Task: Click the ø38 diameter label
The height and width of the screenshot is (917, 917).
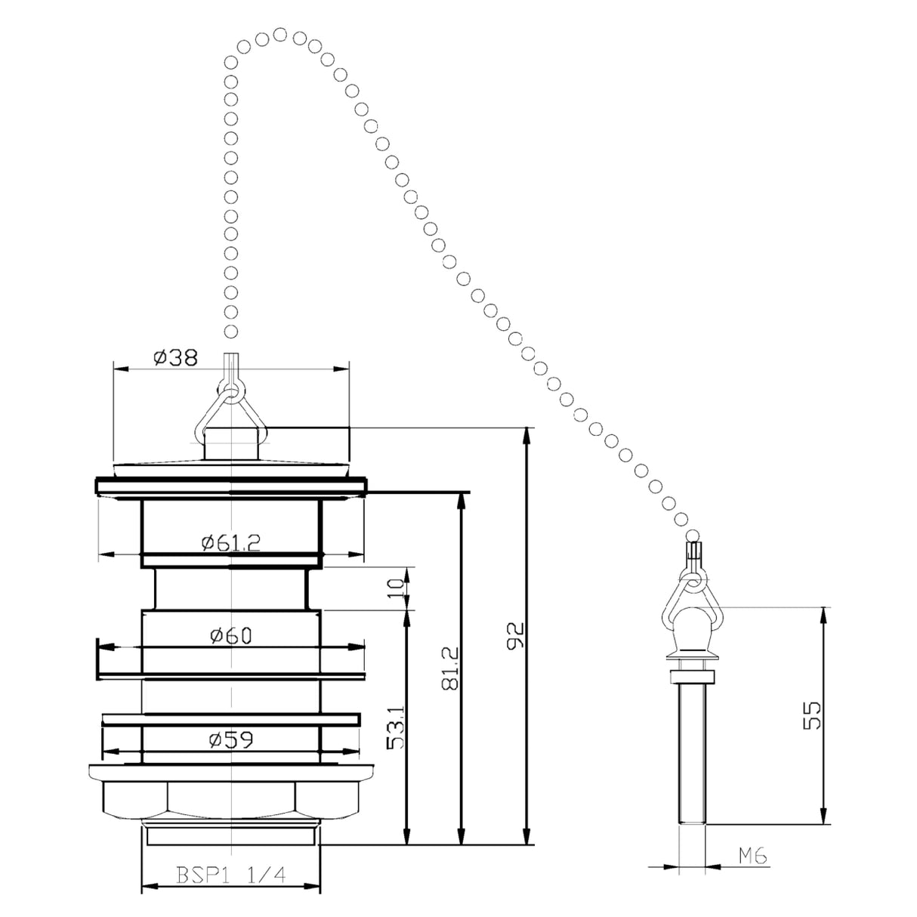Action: pos(175,357)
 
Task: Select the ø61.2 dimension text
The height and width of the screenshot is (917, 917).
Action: pos(230,542)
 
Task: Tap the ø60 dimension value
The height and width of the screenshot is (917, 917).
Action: pos(230,636)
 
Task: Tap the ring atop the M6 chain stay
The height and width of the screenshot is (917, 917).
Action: pos(692,581)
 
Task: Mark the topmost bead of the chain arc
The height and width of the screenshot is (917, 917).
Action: pos(280,34)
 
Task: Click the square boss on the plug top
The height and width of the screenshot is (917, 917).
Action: pos(230,443)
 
